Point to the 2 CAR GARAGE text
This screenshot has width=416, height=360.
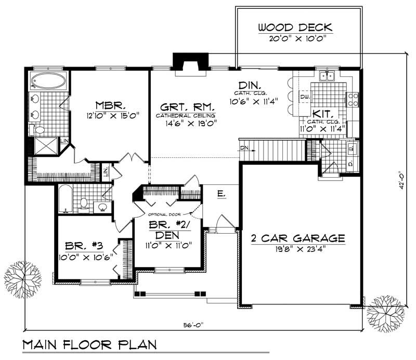coord(297,238)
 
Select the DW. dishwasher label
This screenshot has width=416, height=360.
coord(305,97)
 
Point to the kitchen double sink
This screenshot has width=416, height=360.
coord(327,77)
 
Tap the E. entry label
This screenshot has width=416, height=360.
coord(220,194)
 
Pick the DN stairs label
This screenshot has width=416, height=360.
coord(245,148)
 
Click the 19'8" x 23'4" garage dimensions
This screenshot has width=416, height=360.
coord(297,249)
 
